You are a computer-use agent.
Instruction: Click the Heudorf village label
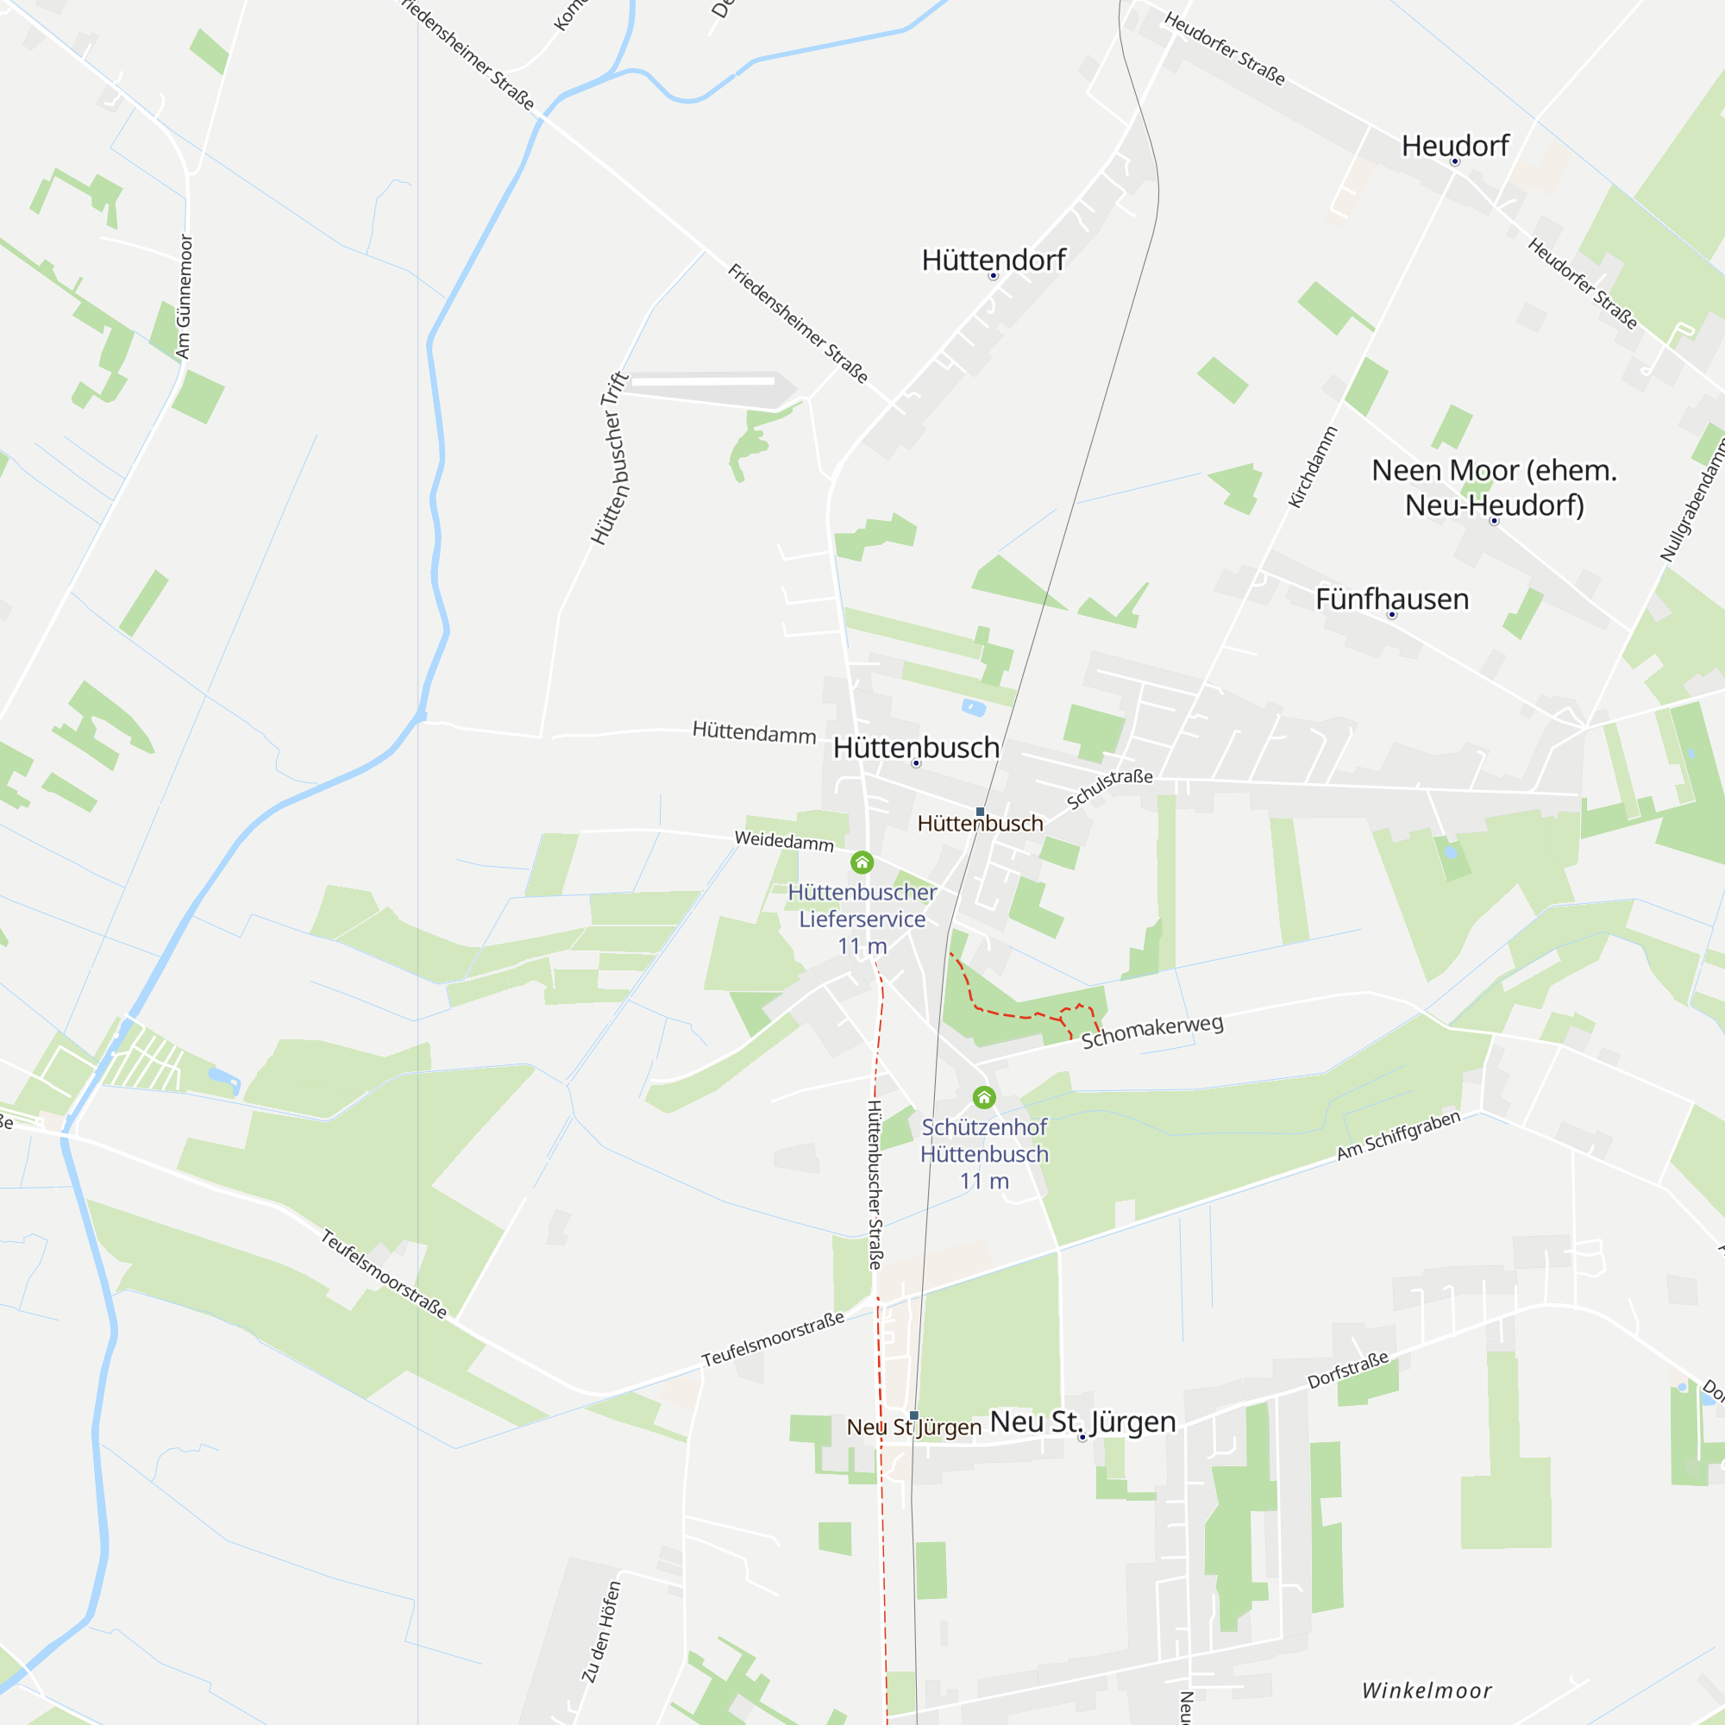[1454, 146]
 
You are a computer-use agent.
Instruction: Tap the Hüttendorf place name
[993, 260]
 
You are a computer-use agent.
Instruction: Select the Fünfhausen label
[1391, 599]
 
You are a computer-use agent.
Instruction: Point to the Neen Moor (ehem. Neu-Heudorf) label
[1494, 487]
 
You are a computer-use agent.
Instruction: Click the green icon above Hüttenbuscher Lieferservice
[862, 862]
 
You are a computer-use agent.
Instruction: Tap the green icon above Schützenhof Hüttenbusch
[984, 1096]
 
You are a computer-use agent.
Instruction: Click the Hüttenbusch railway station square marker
[980, 812]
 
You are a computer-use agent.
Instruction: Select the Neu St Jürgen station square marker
[914, 1415]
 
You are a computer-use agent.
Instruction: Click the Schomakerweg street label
[1151, 1032]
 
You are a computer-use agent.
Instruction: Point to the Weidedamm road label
[784, 840]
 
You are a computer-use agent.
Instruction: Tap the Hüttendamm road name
[754, 733]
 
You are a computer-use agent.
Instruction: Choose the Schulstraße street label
[1109, 787]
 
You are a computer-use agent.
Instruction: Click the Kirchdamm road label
[1313, 467]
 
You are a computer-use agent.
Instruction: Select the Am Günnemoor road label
[184, 297]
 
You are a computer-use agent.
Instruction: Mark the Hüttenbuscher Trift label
[611, 458]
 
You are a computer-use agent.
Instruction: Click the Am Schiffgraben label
[1397, 1135]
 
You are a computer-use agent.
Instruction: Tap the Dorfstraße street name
[1347, 1370]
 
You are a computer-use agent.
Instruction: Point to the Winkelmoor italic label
[1426, 1690]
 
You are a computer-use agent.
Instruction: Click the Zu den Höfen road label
[601, 1631]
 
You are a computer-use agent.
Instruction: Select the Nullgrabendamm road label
[1692, 500]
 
